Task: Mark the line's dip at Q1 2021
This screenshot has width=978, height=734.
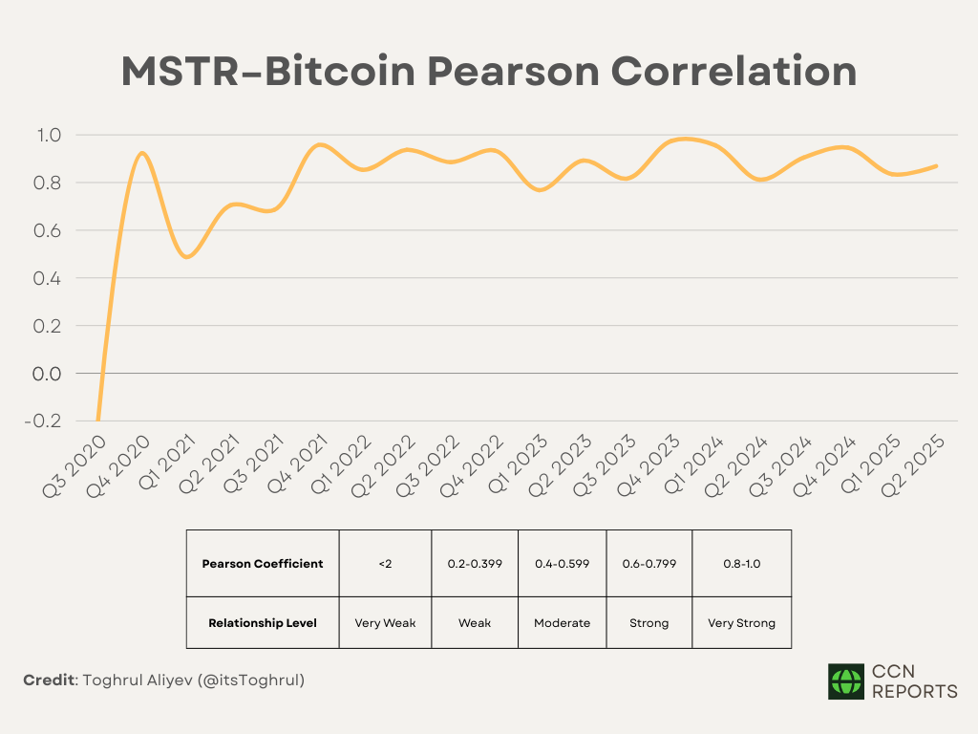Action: coord(187,257)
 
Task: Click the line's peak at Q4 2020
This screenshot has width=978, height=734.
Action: coord(142,152)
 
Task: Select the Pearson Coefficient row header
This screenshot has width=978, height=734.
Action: coord(263,564)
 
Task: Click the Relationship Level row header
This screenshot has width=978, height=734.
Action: coord(263,623)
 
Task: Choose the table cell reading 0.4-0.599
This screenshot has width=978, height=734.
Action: coord(562,564)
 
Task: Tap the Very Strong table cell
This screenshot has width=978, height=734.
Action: coord(741,623)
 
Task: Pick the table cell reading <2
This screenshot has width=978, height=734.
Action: coord(384,564)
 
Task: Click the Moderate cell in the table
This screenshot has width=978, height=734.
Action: coord(562,623)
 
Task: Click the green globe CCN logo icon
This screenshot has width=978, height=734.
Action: coord(845,681)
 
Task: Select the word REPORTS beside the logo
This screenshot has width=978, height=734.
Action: coord(914,691)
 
